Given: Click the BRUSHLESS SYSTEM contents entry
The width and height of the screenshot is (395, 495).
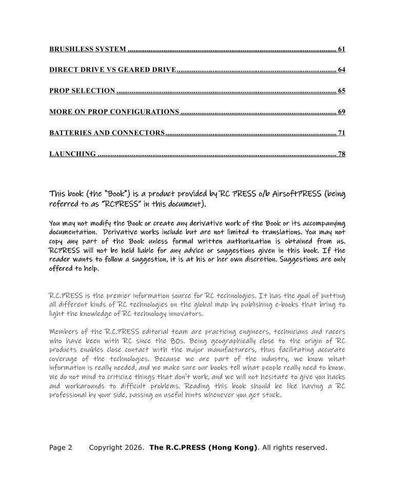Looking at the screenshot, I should (87, 49).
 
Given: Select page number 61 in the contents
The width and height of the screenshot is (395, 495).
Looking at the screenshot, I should (342, 49).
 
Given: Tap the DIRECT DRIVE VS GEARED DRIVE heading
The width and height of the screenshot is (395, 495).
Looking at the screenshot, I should (112, 70).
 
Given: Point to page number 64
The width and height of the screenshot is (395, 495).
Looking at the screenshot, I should (342, 70).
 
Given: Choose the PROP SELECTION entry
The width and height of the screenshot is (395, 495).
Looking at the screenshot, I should (82, 91).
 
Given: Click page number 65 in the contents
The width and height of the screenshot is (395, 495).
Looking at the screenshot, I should (342, 91).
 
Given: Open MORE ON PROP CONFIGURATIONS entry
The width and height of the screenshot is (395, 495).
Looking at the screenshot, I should (114, 112).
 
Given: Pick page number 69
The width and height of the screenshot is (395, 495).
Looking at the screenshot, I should (342, 112).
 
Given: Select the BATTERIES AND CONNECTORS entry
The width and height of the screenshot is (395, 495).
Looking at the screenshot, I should (107, 133).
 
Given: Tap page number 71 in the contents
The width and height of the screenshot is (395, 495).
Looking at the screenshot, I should (342, 133).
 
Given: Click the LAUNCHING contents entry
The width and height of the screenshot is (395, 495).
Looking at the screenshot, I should (72, 154).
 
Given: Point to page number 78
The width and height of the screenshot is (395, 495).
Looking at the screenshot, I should (342, 154).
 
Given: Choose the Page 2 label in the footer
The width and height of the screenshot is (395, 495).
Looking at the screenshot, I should (61, 448).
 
